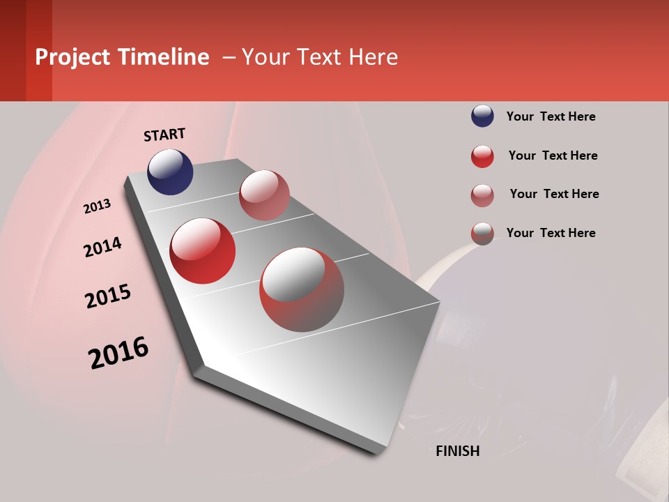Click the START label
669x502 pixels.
point(164,135)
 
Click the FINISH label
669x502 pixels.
point(457,451)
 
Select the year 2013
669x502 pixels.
point(98,206)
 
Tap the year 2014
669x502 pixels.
point(103,247)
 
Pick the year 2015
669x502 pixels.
point(108,296)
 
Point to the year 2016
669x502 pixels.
point(118,353)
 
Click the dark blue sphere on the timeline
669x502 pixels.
point(170,172)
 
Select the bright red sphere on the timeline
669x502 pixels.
point(203,251)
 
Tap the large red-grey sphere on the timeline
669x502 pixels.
point(302,289)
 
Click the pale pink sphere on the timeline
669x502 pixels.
point(264,195)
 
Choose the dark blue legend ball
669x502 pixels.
point(482,116)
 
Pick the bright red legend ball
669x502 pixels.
point(482,156)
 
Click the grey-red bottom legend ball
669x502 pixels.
point(482,234)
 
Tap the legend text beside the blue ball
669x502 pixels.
point(551,116)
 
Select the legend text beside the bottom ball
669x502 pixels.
point(551,233)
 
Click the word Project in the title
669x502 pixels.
point(73,57)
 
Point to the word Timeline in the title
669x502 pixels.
point(163,57)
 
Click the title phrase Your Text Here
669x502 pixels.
point(320,57)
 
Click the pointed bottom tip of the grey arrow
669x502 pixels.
point(380,453)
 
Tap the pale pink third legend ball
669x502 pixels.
point(482,195)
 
